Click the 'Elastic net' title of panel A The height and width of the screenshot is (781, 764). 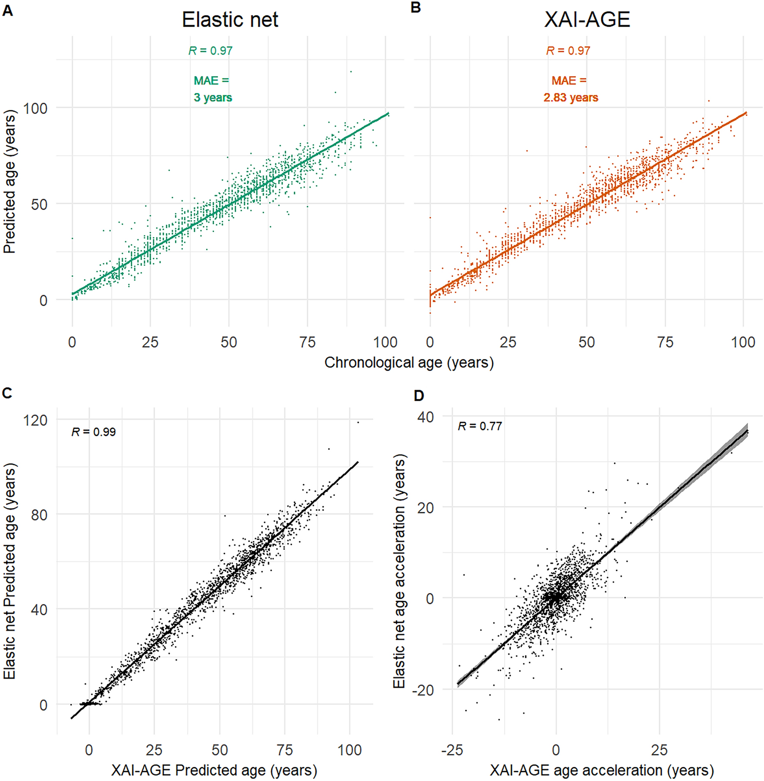[x=230, y=20]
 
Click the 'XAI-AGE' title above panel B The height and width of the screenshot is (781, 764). [x=587, y=20]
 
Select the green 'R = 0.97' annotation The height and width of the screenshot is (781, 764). [x=211, y=51]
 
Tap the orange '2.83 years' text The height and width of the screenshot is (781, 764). [x=571, y=98]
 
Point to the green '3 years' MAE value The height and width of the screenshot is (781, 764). [x=213, y=98]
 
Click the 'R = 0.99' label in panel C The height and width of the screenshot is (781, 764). [x=94, y=432]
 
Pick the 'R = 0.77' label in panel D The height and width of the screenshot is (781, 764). [x=480, y=427]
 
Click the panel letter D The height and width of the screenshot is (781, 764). [x=418, y=395]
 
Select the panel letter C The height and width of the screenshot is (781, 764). [x=7, y=393]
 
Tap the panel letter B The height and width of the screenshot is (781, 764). [x=415, y=8]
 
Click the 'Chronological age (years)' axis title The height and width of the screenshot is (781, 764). [x=409, y=363]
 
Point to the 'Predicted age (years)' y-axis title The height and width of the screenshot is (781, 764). [x=9, y=181]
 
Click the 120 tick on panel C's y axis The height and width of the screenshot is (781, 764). [x=36, y=420]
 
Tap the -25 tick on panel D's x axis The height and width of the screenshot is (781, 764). [x=452, y=750]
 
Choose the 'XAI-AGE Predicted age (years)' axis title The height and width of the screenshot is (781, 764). [x=214, y=770]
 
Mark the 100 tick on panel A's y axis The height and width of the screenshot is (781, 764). [x=35, y=108]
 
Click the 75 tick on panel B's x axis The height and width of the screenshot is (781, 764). [x=665, y=342]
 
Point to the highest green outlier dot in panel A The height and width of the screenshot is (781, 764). [x=351, y=72]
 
